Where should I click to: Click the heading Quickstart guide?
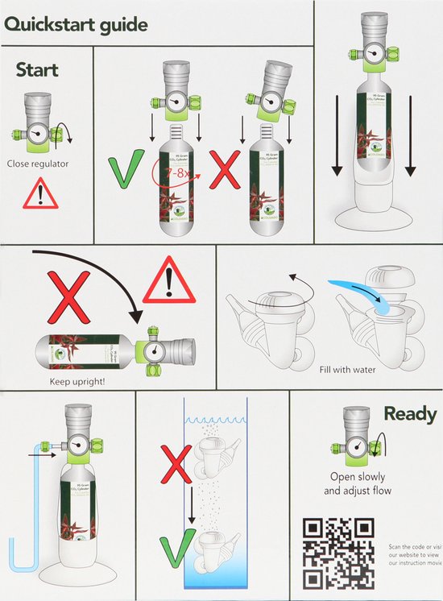point(77,24)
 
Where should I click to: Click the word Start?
point(37,70)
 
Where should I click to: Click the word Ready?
point(409,414)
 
